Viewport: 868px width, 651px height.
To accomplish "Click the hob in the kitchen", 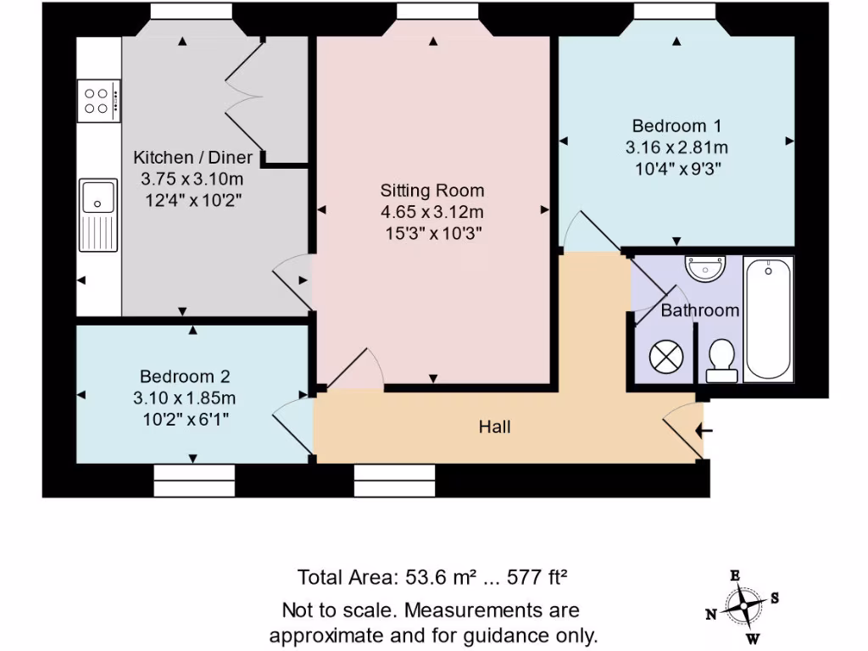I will point(98,101).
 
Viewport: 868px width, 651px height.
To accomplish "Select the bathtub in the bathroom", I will point(769,319).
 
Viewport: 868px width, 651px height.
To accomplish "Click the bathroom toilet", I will point(720,359).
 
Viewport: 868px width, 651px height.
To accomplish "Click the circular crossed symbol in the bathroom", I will point(665,357).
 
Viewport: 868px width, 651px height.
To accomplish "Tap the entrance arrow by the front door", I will point(704,431).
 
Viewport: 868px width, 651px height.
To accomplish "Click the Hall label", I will point(494,427).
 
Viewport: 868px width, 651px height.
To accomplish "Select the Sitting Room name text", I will point(432,190).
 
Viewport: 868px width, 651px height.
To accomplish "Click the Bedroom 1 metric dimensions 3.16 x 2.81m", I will point(676,147).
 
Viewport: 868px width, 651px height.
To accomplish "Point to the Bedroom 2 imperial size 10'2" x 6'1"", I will point(185,418).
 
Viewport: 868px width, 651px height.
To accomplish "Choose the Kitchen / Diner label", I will point(192,158).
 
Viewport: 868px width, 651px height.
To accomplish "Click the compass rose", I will point(743,605).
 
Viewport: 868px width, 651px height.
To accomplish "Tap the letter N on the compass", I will point(712,614).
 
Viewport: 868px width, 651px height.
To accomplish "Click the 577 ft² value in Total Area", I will point(536,578).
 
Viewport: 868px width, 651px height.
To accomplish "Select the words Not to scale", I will point(341,610).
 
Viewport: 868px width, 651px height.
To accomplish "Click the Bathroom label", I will point(699,310).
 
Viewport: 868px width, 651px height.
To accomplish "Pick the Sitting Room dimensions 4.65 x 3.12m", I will point(432,211).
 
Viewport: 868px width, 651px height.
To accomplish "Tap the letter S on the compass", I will point(775,598).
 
